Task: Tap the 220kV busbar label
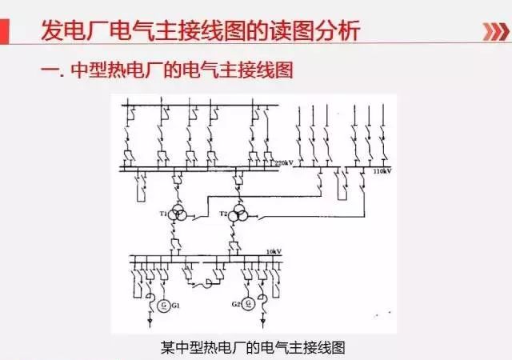point(286,163)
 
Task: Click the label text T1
point(163,214)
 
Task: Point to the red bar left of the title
point(14,31)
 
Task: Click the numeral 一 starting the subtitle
point(48,70)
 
